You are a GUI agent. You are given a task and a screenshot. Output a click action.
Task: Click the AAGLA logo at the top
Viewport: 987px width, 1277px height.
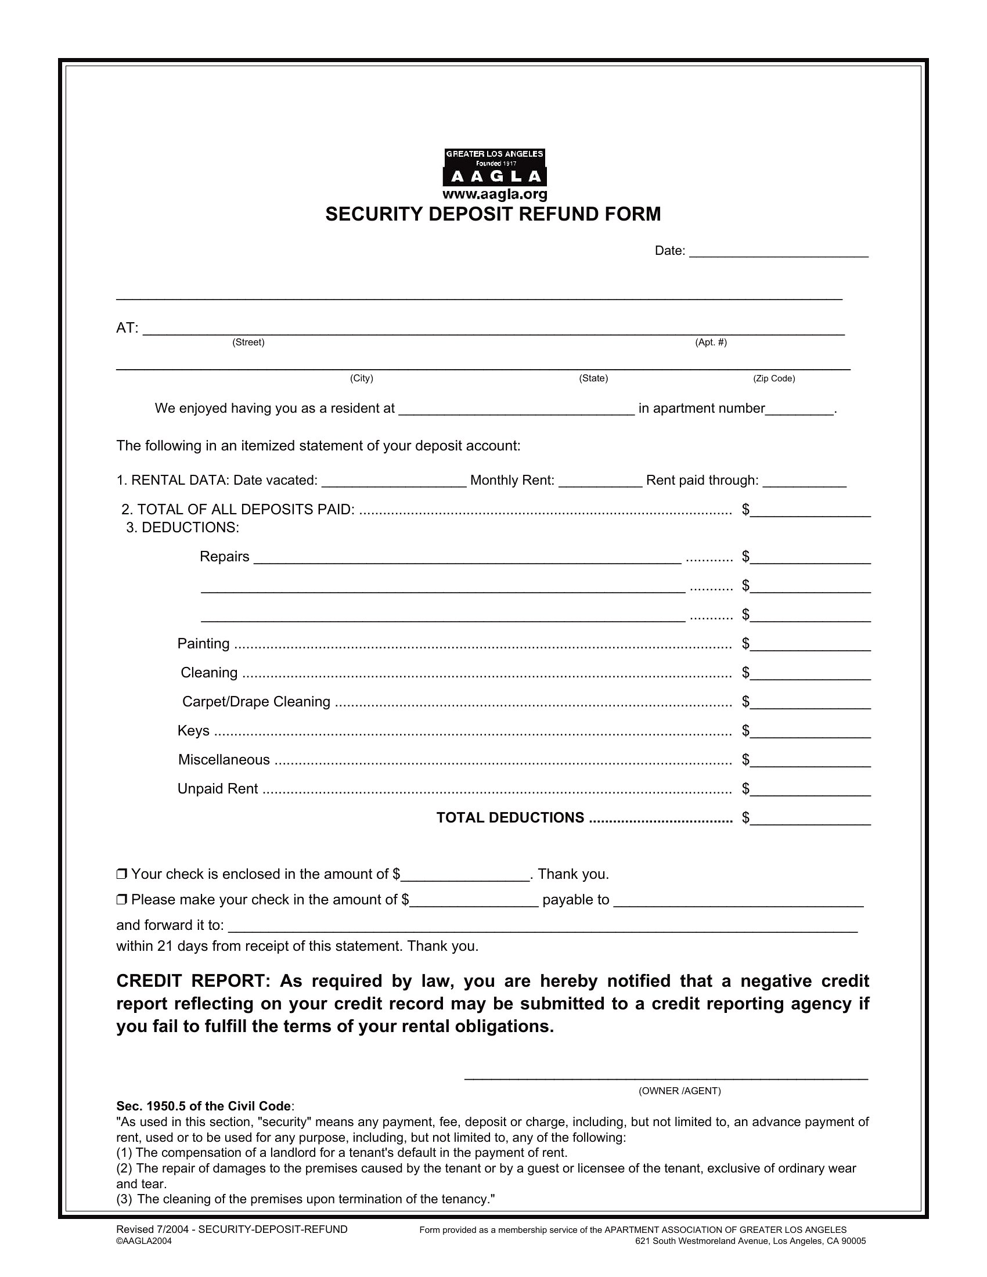495,167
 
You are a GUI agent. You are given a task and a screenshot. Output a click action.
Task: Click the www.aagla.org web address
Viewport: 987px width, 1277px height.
495,194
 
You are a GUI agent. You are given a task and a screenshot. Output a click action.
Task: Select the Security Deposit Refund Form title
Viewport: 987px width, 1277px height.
493,215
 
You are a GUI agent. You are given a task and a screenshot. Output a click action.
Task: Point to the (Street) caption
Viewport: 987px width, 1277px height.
248,342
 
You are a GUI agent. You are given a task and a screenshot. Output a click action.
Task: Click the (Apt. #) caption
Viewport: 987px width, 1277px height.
711,342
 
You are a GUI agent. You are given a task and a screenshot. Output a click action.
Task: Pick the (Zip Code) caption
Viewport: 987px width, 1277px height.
773,378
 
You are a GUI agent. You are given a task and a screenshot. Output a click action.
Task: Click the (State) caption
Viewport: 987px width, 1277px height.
593,378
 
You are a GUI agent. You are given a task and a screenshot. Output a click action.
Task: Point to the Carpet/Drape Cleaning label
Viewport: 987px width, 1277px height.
256,702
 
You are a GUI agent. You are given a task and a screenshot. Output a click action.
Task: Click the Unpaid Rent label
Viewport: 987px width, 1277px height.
218,789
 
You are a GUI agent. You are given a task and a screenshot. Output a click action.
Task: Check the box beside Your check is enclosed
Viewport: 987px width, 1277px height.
121,874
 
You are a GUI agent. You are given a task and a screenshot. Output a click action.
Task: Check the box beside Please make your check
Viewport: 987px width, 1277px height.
121,900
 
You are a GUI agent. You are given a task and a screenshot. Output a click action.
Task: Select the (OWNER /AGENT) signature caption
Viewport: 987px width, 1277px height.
679,1091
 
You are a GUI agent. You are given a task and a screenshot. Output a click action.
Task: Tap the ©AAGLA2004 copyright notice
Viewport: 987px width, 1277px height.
144,1242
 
